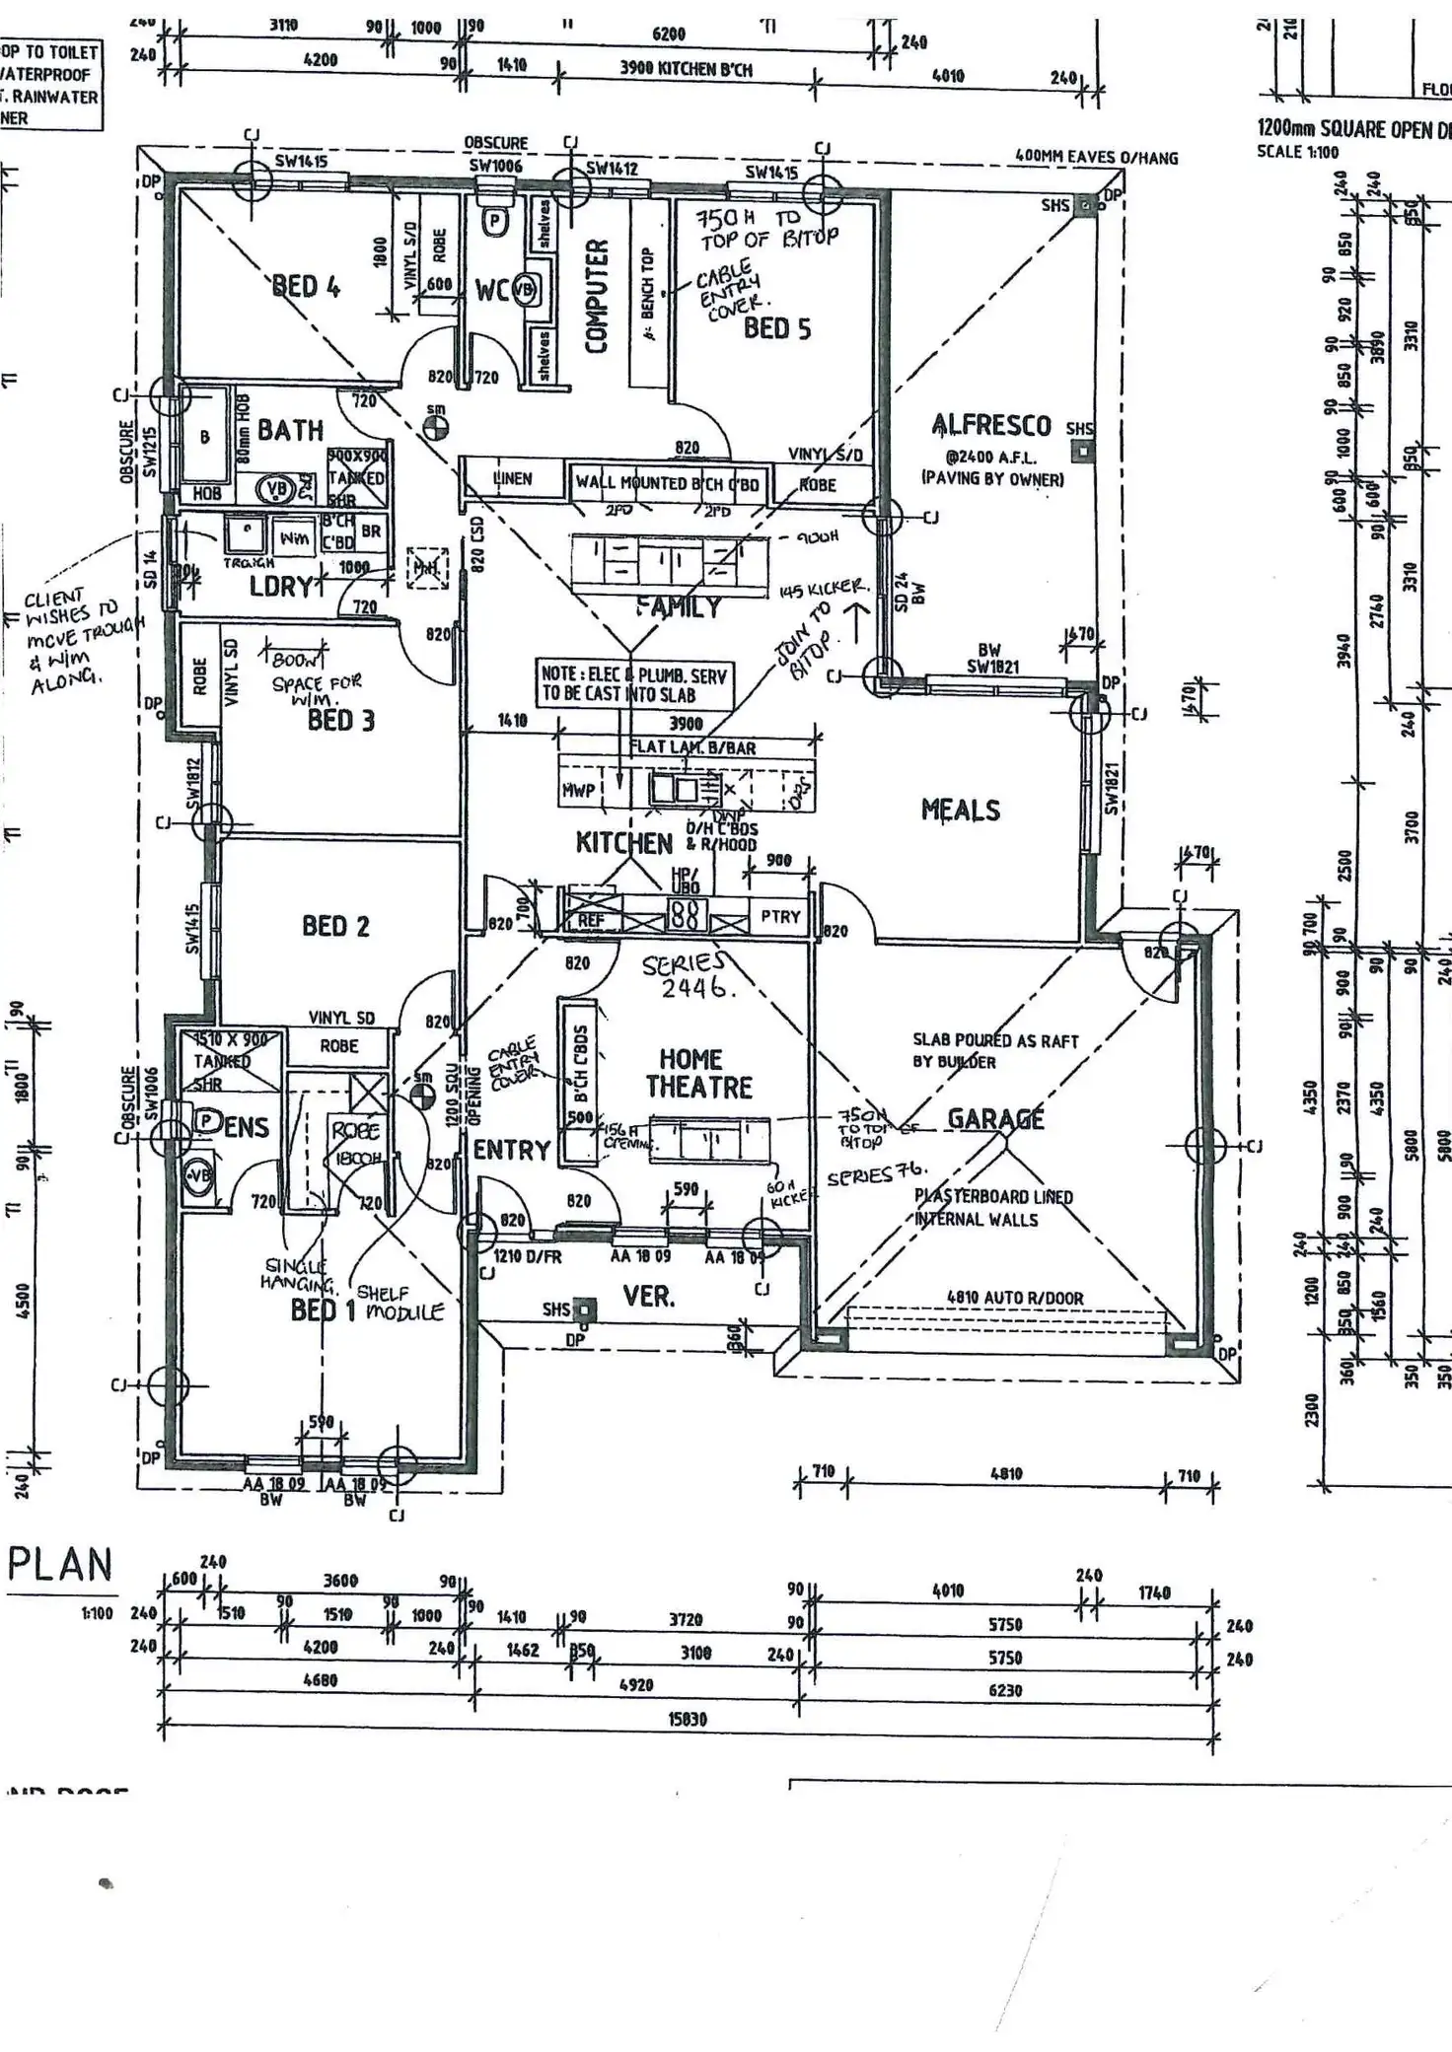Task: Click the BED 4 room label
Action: click(306, 287)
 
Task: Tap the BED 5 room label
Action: click(777, 328)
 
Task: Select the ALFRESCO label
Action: click(991, 425)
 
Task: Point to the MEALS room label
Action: click(960, 810)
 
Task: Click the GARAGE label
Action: click(995, 1119)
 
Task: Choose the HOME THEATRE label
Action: click(698, 1073)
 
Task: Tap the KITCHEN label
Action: click(624, 843)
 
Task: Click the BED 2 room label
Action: click(335, 926)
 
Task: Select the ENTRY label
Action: click(511, 1150)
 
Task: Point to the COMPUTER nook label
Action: click(597, 295)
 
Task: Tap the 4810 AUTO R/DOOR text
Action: click(1015, 1298)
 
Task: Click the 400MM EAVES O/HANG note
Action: click(1096, 157)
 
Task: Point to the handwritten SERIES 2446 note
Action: click(688, 975)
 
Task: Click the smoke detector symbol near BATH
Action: click(435, 427)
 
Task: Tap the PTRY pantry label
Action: click(780, 917)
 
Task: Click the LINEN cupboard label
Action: click(512, 479)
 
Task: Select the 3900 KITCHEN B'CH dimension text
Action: click(686, 69)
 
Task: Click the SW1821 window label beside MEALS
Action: click(1111, 789)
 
